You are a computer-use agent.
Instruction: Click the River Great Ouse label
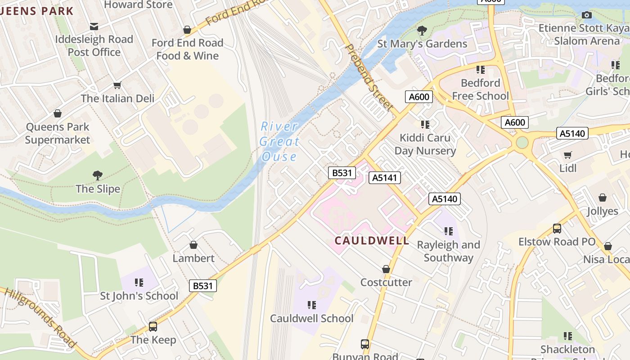(279, 141)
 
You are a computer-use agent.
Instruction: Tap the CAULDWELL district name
(372, 241)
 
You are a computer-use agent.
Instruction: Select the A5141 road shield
(385, 178)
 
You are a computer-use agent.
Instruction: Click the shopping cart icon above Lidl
(568, 155)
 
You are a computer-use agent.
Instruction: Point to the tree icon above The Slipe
(97, 175)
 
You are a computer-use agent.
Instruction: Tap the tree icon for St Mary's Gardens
(422, 31)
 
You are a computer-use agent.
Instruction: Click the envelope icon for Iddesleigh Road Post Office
(94, 27)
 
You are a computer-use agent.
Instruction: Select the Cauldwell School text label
(311, 319)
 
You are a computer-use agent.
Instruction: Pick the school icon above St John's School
(139, 283)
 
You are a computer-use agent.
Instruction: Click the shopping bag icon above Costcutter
(386, 269)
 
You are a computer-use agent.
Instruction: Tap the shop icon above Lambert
(193, 245)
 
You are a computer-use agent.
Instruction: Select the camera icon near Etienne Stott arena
(586, 15)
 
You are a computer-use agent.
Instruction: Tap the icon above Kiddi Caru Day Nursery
(425, 125)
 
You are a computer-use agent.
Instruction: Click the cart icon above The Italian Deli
(117, 85)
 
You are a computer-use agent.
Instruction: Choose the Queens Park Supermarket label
(58, 133)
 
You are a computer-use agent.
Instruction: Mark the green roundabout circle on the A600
(522, 143)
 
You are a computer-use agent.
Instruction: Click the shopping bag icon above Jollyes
(603, 198)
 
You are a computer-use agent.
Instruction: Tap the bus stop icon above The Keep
(153, 327)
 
